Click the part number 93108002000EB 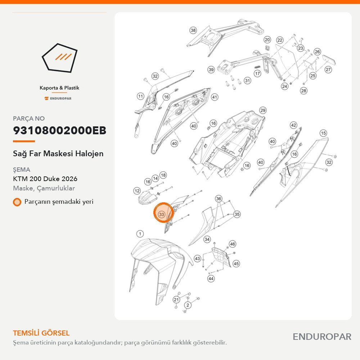(60, 130)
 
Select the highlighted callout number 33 (162, 214)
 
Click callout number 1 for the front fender (140, 234)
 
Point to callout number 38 (193, 30)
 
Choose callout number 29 (263, 111)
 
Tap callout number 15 (323, 133)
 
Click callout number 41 (215, 97)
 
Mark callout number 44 (211, 279)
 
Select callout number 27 (328, 69)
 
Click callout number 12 (137, 191)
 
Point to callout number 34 (207, 239)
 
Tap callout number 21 (176, 300)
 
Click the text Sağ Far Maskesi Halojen (58, 154)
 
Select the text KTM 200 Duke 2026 (45, 179)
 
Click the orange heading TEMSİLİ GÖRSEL (41, 333)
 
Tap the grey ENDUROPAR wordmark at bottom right (322, 337)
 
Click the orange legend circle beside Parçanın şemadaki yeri (17, 202)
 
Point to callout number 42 (294, 125)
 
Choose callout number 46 (233, 244)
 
